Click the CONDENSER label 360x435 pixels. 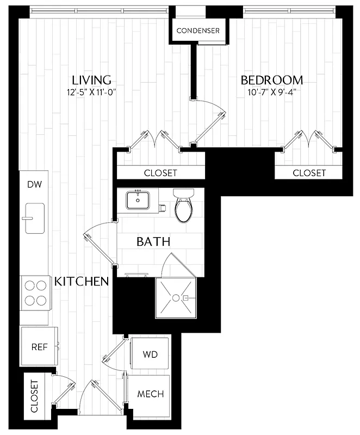[x=198, y=31]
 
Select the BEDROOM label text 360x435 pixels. [x=272, y=80]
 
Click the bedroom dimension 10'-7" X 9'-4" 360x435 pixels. [x=272, y=92]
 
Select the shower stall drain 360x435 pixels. [x=175, y=297]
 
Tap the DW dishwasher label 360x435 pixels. [x=34, y=184]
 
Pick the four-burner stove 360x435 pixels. [x=34, y=293]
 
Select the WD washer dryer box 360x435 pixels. [x=150, y=354]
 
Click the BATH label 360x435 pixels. [x=153, y=241]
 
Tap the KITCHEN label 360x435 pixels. [x=82, y=282]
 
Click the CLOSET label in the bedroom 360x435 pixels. [x=309, y=173]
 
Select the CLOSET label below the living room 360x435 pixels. [x=160, y=173]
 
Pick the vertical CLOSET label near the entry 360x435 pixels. [x=35, y=397]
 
